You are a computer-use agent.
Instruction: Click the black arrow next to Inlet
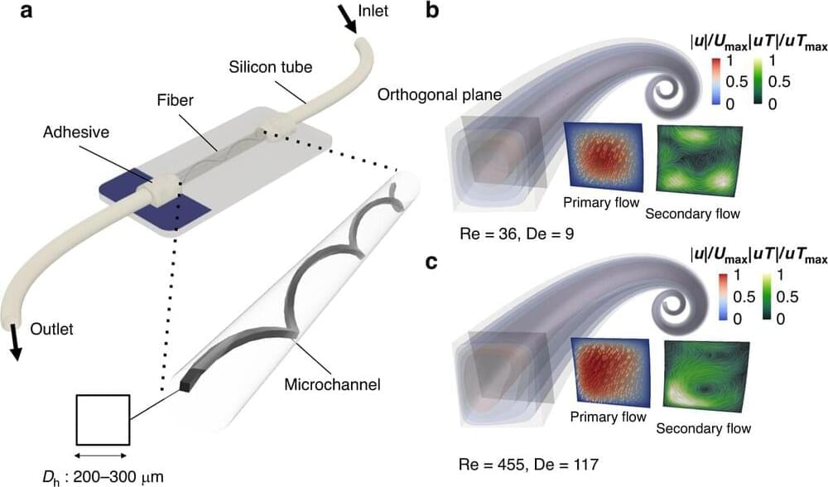[346, 19]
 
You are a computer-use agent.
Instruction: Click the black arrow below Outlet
[16, 345]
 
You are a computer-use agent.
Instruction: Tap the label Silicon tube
[271, 67]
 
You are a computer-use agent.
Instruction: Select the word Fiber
[176, 100]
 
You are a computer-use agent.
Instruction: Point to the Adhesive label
[76, 132]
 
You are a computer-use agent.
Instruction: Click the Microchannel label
[332, 384]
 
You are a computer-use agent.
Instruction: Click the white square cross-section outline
[103, 420]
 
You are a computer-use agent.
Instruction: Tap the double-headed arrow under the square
[101, 456]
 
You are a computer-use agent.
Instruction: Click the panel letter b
[432, 10]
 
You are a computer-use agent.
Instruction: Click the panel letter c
[432, 263]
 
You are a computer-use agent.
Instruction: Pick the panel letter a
[26, 11]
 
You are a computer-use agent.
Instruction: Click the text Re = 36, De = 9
[517, 233]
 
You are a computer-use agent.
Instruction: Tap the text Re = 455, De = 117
[529, 465]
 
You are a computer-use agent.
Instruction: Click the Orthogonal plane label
[440, 95]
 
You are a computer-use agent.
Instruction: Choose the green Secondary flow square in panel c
[705, 376]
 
